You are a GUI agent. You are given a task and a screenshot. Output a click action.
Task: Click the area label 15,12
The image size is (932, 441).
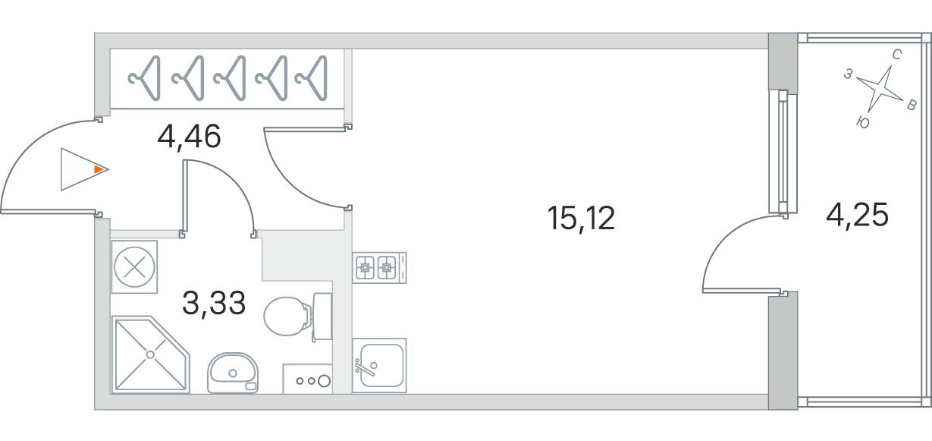click(x=580, y=219)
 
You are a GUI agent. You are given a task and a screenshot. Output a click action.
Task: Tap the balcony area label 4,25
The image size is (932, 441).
click(x=857, y=216)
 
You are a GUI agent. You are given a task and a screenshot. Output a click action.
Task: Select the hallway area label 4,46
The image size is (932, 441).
click(x=189, y=137)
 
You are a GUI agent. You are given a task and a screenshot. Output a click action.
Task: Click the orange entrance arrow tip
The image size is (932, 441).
click(x=99, y=169)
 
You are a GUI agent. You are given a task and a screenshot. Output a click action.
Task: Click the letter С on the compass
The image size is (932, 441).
click(x=896, y=55)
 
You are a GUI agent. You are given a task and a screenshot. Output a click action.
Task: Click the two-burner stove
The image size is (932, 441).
click(x=378, y=267)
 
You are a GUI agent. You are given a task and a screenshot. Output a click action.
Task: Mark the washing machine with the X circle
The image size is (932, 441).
click(x=134, y=266)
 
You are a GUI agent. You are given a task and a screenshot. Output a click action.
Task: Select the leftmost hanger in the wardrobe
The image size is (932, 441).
click(x=145, y=77)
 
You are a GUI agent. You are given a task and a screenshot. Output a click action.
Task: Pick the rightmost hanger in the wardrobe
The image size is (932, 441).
click(x=312, y=77)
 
